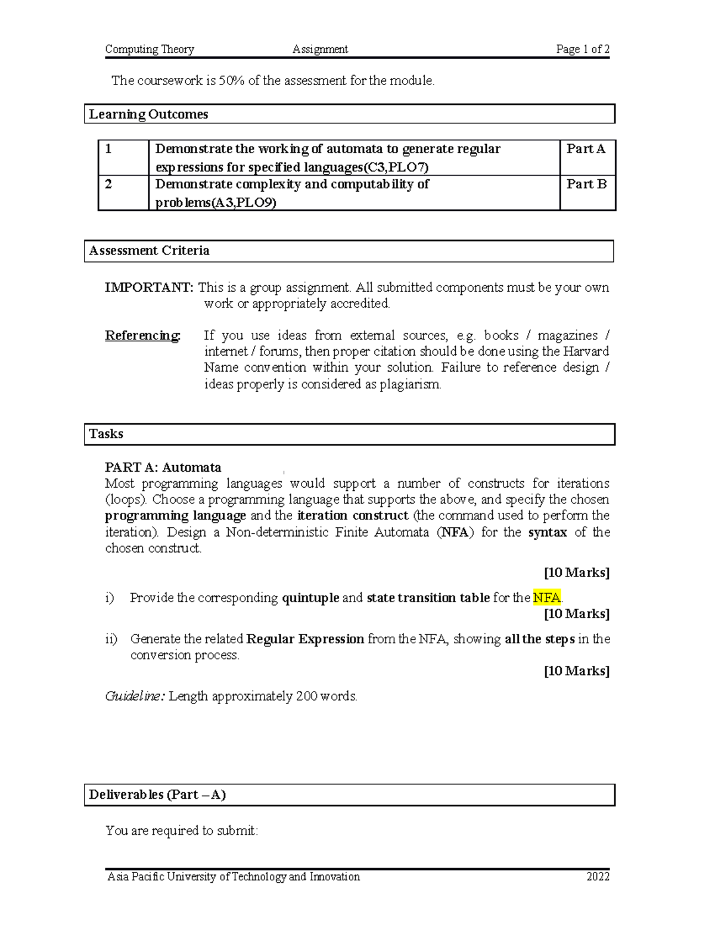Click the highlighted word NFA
tap(547, 597)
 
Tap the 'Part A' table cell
tap(586, 149)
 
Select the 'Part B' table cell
tap(586, 185)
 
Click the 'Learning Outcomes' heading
tap(148, 114)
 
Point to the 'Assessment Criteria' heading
tap(149, 251)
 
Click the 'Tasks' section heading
tap(106, 434)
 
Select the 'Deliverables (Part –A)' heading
tap(157, 795)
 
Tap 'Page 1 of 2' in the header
tap(582, 49)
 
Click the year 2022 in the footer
tap(598, 877)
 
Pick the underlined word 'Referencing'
tap(142, 336)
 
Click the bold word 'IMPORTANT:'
tap(149, 288)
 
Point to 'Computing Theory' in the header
tap(150, 49)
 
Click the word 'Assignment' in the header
tap(320, 49)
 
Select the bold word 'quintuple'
tap(310, 597)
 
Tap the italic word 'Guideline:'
tap(135, 696)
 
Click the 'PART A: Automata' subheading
tap(163, 468)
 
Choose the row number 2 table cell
tap(108, 185)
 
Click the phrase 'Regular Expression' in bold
tap(305, 639)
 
